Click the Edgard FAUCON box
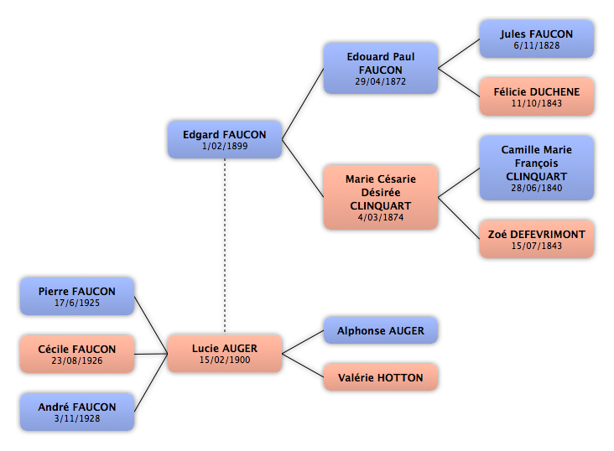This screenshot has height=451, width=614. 224,139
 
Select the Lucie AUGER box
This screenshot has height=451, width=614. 225,354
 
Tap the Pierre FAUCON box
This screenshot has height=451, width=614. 76,296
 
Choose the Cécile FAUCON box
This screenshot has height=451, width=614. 76,354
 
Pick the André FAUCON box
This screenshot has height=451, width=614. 76,412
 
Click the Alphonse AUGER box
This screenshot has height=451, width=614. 381,331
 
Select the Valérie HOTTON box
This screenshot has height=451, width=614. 381,378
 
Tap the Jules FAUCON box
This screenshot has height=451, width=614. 536,39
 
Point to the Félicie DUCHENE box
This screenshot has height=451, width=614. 536,96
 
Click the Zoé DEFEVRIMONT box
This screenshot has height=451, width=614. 536,239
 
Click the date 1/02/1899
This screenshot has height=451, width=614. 224,147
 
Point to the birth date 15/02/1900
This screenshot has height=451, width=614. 225,360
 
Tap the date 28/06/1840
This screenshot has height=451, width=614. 536,188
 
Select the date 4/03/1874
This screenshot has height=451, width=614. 381,216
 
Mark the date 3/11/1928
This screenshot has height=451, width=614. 76,418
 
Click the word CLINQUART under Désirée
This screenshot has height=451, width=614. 381,204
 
